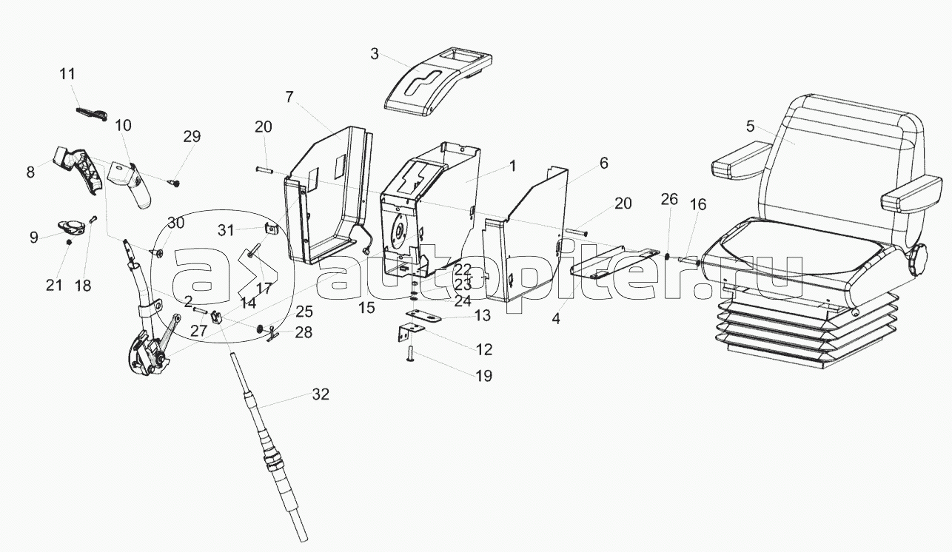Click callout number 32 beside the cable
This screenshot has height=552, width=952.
click(320, 394)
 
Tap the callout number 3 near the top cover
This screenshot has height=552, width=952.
click(375, 54)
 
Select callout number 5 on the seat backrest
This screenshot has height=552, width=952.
click(751, 127)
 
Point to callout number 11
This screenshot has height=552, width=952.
click(67, 75)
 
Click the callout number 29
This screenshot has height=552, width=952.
click(192, 137)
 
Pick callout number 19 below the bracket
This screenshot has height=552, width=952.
click(483, 376)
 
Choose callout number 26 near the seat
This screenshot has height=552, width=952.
click(669, 199)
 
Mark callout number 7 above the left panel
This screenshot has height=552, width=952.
click(289, 97)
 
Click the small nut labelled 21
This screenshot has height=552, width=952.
click(69, 243)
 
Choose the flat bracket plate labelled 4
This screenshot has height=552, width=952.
click(614, 263)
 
